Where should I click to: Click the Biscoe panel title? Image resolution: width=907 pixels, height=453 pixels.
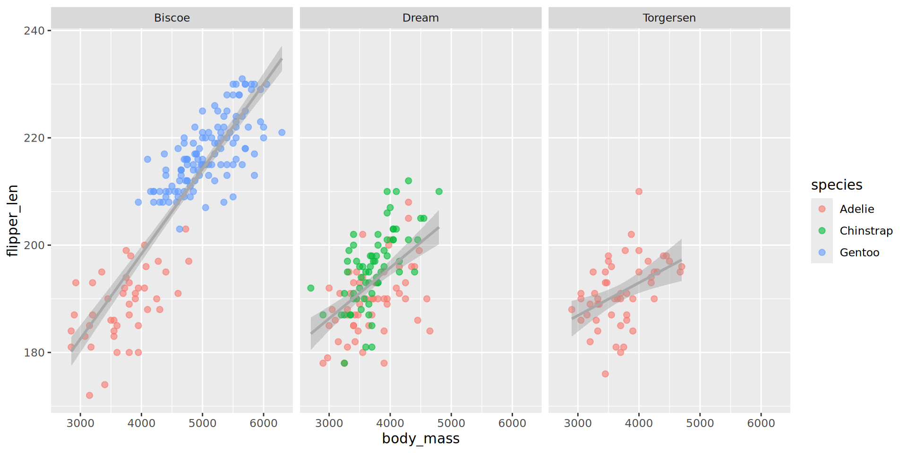pyautogui.click(x=172, y=18)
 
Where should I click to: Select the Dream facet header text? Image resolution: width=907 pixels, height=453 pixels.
pyautogui.click(x=420, y=18)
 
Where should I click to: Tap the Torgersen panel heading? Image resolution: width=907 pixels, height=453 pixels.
pyautogui.click(x=669, y=18)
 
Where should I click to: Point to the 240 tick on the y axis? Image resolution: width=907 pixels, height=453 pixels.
pyautogui.click(x=34, y=31)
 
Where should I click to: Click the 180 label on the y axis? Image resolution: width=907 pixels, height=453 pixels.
pyautogui.click(x=34, y=352)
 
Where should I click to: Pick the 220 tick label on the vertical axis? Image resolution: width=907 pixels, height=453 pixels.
pyautogui.click(x=34, y=138)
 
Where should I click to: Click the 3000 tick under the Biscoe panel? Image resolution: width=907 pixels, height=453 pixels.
pyautogui.click(x=80, y=423)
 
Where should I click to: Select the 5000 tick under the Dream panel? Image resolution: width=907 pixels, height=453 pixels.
pyautogui.click(x=451, y=423)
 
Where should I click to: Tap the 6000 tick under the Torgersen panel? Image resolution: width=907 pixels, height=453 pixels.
pyautogui.click(x=761, y=423)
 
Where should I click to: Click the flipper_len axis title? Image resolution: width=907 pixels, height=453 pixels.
pyautogui.click(x=13, y=220)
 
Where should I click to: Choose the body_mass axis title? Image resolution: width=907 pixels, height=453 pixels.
pyautogui.click(x=420, y=439)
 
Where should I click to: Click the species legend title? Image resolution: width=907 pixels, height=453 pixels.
pyautogui.click(x=837, y=185)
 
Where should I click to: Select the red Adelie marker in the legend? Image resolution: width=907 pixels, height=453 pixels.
pyautogui.click(x=822, y=209)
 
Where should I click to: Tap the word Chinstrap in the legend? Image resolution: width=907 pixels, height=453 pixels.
pyautogui.click(x=866, y=231)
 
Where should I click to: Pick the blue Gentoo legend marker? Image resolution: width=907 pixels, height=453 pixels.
pyautogui.click(x=822, y=252)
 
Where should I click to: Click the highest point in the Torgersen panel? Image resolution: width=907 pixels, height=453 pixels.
pyautogui.click(x=639, y=192)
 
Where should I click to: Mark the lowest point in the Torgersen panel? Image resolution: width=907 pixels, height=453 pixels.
pyautogui.click(x=605, y=374)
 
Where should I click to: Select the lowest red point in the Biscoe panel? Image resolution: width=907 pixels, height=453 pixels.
pyautogui.click(x=89, y=395)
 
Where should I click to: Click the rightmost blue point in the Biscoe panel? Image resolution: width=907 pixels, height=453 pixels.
pyautogui.click(x=282, y=133)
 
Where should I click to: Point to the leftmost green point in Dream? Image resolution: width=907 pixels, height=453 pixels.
pyautogui.click(x=311, y=288)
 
